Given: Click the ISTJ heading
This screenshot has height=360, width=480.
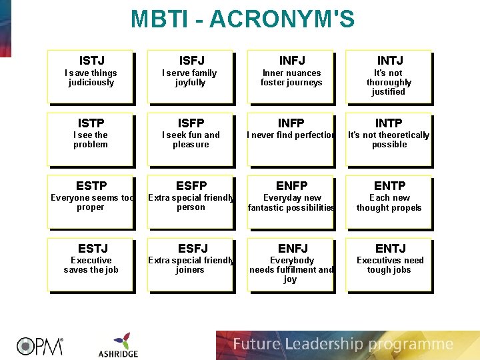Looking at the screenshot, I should (92, 61).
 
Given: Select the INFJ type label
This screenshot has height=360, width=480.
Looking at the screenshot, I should (291, 61).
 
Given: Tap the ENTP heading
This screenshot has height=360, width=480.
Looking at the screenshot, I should (389, 185).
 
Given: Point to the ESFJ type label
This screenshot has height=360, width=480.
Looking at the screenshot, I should (191, 248).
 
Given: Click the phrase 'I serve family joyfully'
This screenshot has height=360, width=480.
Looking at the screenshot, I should (191, 78).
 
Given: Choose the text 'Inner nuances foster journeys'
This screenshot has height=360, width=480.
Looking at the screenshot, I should (291, 78).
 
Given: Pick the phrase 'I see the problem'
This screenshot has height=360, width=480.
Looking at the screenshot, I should (91, 139).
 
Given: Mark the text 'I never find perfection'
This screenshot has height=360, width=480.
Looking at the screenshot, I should (291, 135).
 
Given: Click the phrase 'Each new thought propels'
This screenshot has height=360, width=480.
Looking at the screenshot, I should (389, 203).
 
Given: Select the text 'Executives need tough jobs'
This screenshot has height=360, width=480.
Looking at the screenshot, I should (390, 265).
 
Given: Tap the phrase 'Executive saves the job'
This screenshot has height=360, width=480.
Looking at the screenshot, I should (91, 265).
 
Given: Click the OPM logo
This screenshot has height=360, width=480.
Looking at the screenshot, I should (40, 345).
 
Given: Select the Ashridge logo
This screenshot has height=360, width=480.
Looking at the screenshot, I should (118, 345).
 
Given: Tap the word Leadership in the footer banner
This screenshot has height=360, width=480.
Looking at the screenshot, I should (319, 345).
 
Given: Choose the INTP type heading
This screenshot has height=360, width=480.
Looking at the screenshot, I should (389, 123).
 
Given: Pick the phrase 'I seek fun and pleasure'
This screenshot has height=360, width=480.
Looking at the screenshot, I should (191, 139).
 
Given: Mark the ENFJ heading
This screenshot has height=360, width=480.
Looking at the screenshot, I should (290, 248).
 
